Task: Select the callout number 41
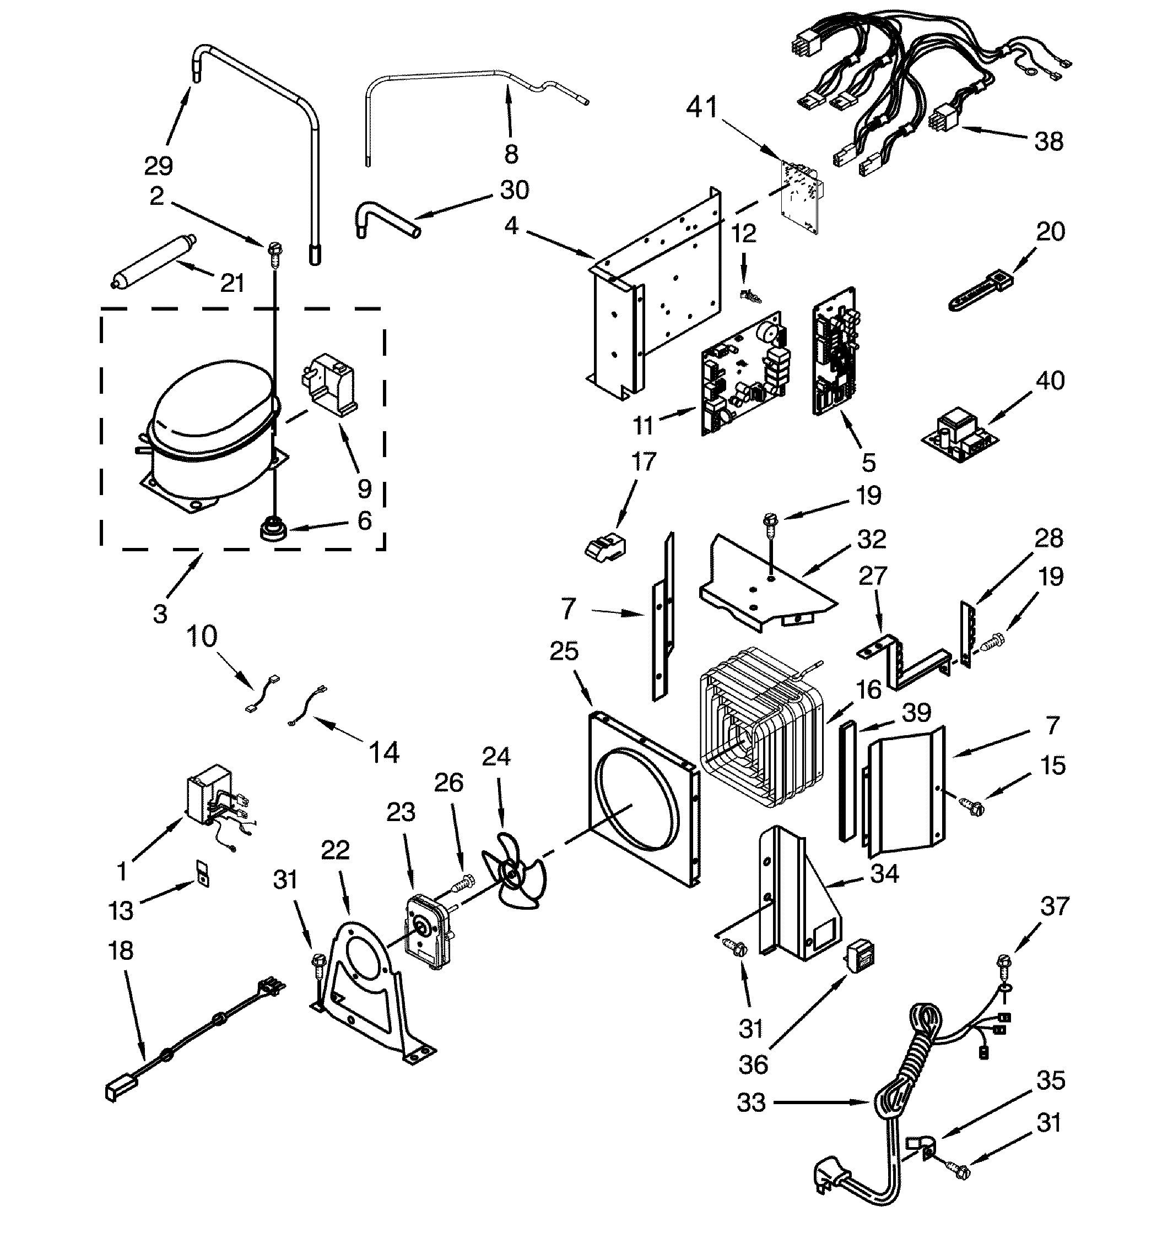[702, 108]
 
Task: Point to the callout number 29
[158, 166]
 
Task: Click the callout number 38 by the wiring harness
[1049, 142]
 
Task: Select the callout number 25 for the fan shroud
[564, 651]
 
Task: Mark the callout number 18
[121, 950]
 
